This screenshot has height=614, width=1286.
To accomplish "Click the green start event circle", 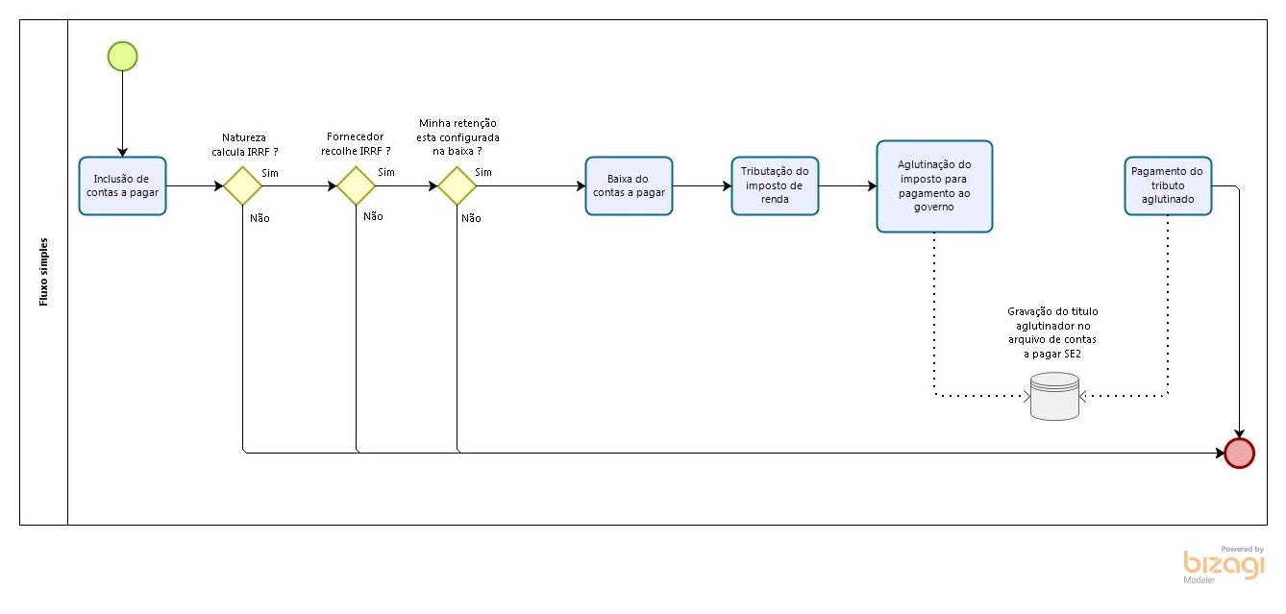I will pos(123,57).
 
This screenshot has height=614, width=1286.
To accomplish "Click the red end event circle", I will pos(1240,453).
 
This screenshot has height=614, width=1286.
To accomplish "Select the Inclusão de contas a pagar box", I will pos(122,185).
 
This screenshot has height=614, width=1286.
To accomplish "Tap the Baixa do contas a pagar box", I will pos(629,185).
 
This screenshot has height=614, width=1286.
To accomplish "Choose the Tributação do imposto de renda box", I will pos(775,185).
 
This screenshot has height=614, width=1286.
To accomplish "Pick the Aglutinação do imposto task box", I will pos(934,185).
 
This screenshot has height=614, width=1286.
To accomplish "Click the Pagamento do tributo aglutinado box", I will pos(1168,185).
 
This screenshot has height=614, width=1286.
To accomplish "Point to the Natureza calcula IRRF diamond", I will pos(243,185).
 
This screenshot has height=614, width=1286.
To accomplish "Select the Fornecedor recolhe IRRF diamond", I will pos(356,185).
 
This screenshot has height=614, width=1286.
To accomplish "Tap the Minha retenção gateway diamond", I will pos(458,185).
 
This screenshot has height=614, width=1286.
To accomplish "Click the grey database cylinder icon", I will pos(1054,396).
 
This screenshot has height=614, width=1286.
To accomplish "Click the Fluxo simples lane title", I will pos(44,272).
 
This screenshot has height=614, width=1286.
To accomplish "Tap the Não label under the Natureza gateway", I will pos(260,218).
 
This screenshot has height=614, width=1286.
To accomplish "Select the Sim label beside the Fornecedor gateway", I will pos(386,172).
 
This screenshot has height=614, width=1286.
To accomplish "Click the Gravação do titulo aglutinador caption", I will pos(1052,332).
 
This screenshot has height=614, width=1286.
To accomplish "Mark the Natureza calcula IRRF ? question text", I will pos(245,144).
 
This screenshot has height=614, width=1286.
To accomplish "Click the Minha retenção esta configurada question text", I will pos(458,137).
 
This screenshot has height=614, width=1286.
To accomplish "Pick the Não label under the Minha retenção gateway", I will pos(471,218).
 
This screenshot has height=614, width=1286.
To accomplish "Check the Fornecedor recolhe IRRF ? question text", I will pos(355,144).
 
